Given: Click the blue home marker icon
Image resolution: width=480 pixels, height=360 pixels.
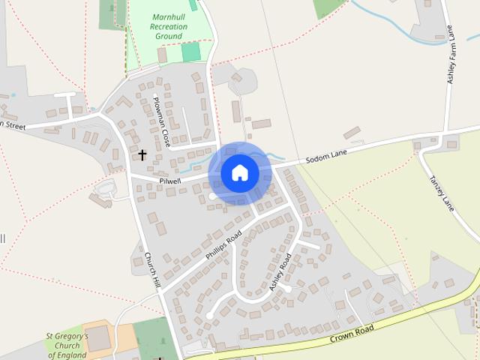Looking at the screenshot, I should tap(240, 173).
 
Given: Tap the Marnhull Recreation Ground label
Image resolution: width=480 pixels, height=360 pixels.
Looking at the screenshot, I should tap(168, 26).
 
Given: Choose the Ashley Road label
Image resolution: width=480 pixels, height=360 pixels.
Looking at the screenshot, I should tap(280, 272).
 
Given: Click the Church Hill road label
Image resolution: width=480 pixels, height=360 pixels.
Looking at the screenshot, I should tap(153, 270).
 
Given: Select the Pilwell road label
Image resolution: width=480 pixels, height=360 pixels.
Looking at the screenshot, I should tap(170, 181).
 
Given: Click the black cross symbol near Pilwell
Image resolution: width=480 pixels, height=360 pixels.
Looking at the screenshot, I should tap(142, 155).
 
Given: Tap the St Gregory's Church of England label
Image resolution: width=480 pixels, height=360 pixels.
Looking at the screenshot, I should tap(67, 346).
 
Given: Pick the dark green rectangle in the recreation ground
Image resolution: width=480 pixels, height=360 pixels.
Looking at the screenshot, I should tap(191, 52).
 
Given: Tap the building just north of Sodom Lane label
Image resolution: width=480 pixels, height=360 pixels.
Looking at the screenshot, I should tap(352, 133).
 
